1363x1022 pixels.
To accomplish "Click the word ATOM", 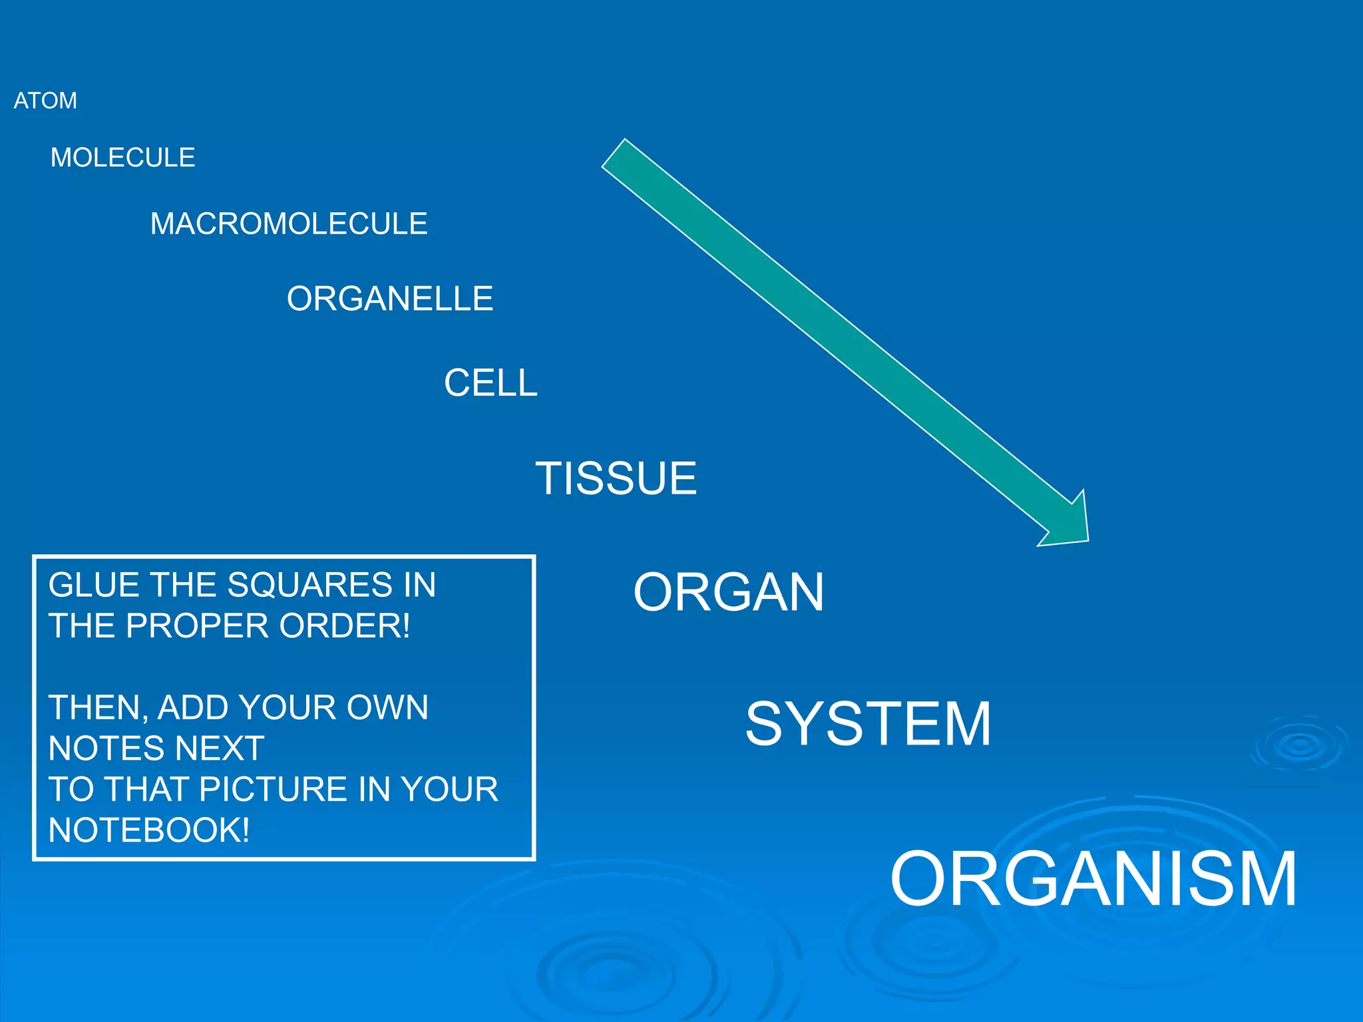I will pos(45,100).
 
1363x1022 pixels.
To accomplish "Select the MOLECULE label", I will pos(123,158).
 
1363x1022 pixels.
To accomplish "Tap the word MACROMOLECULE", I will pos(289,224).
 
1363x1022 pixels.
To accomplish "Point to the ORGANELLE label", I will pos(390,299).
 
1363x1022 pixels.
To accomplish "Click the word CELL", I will pos(490,383).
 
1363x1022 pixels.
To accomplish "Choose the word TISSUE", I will pos(616,478).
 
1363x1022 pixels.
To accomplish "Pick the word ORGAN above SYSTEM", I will pos(729,592).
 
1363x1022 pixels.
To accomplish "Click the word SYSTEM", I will pos(869,724).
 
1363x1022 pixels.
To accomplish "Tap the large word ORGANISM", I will pos(1093,878).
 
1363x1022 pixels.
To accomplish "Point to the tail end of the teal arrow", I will pos(614,154).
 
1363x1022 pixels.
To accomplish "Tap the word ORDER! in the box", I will pos(345,626).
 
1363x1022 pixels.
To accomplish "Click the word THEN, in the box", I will pos(98,707).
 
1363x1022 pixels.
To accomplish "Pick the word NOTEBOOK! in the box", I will pos(149,830).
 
